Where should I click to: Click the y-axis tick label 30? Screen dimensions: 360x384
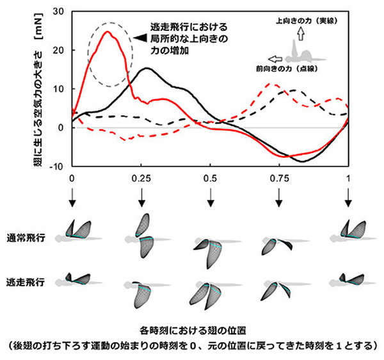59,12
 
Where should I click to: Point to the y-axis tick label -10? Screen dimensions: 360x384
57,167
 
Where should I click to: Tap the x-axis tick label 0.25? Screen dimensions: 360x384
141,177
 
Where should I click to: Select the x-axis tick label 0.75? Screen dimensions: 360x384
279,177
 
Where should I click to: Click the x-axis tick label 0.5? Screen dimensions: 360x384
210,177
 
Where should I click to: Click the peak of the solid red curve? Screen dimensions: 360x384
106,31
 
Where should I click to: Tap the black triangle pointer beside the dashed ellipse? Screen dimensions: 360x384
141,38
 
